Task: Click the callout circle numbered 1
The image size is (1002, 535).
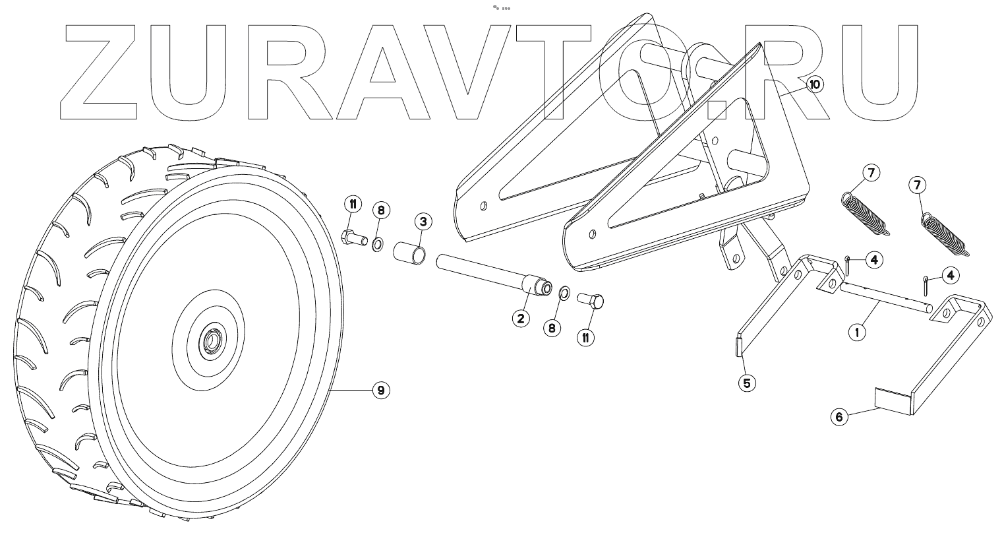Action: pyautogui.click(x=856, y=332)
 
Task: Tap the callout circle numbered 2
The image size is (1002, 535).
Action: pyautogui.click(x=520, y=319)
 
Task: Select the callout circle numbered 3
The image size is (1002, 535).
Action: pyautogui.click(x=423, y=222)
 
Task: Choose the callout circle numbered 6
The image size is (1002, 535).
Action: pyautogui.click(x=839, y=417)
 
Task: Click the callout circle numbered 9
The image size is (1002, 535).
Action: pyautogui.click(x=380, y=391)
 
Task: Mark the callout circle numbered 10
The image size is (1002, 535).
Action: pyautogui.click(x=814, y=84)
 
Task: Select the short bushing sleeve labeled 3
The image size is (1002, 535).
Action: pyautogui.click(x=410, y=253)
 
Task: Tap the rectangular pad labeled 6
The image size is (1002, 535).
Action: pyautogui.click(x=891, y=400)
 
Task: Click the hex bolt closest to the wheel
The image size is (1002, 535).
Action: pyautogui.click(x=355, y=236)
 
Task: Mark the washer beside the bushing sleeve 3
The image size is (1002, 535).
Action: pyautogui.click(x=380, y=245)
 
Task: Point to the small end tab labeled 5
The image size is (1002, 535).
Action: pyautogui.click(x=738, y=344)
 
